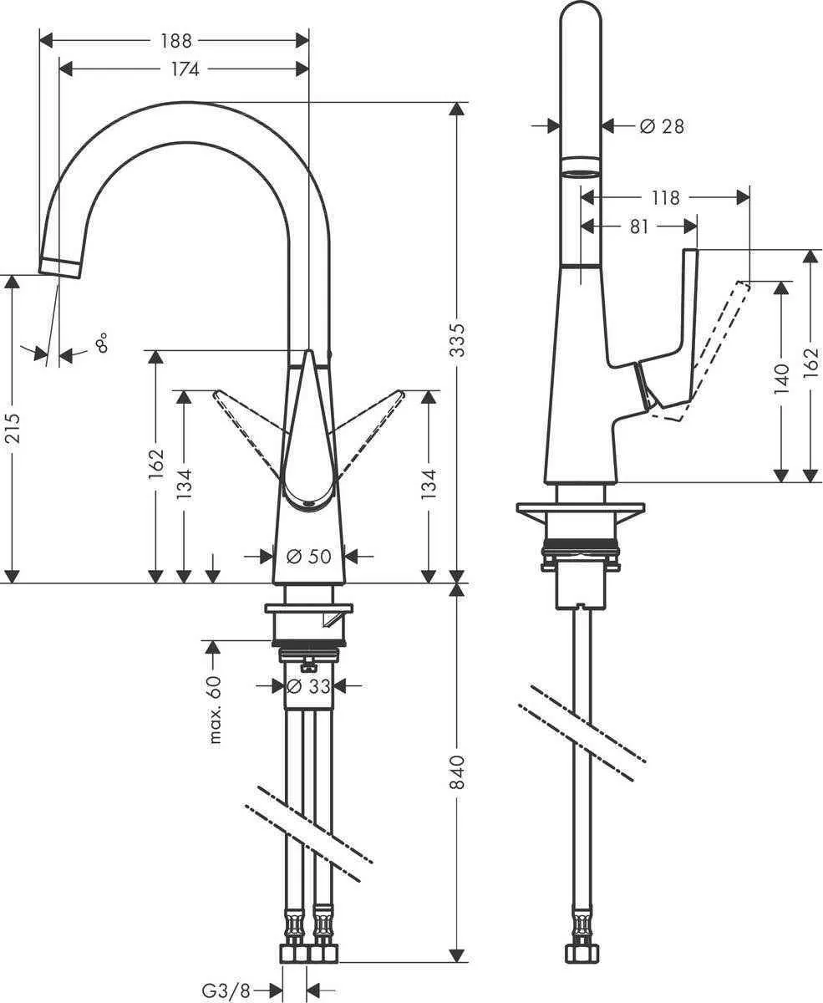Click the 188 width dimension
(175, 40)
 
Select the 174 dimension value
(185, 69)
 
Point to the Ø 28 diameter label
(661, 126)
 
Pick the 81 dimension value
(638, 227)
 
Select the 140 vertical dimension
(782, 379)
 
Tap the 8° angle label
(101, 343)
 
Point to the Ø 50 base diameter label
(308, 556)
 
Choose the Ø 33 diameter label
(307, 686)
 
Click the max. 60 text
(215, 710)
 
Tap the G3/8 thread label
(226, 990)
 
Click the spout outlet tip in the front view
(61, 267)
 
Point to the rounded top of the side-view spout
(580, 17)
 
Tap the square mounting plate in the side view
(581, 510)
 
